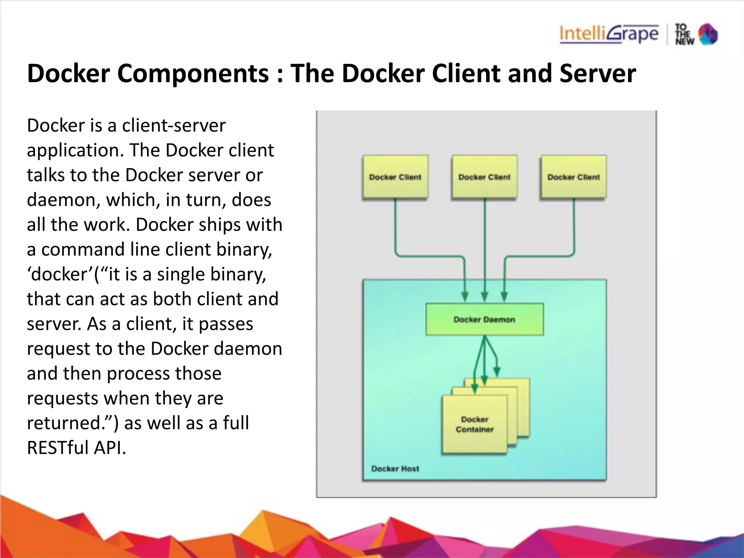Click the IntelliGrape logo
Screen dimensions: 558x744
[609, 34]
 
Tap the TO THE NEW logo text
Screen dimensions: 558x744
[684, 35]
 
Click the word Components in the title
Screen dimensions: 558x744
[193, 74]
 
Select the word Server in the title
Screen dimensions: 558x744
[598, 74]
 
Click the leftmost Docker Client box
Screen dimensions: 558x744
[395, 177]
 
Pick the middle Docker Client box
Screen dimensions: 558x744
[484, 177]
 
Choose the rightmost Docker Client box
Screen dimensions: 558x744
[574, 177]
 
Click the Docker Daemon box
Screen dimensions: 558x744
[484, 319]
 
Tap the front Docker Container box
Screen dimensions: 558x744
[474, 424]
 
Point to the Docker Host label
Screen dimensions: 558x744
[395, 469]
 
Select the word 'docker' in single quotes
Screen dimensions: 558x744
[60, 274]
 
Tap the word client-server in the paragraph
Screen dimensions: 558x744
[174, 126]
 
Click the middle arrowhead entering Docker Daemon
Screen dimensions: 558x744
[484, 297]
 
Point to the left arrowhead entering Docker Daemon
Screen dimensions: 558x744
[465, 297]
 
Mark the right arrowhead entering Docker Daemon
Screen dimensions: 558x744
[504, 297]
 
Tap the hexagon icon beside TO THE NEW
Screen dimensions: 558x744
[708, 34]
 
